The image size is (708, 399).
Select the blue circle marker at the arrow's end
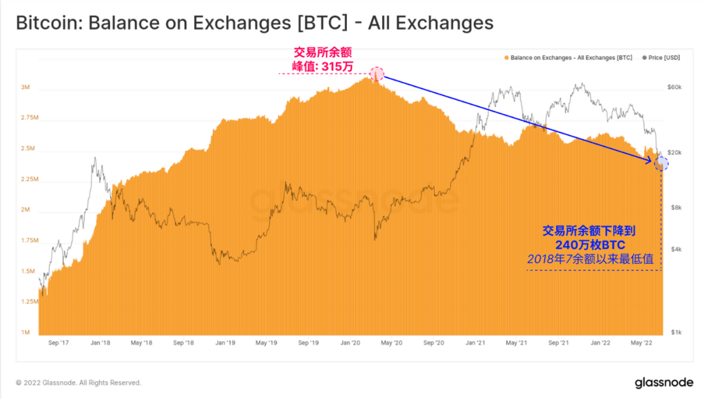661,164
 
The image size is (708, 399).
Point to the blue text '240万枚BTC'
590,245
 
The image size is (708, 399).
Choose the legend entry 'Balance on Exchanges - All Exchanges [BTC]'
568,58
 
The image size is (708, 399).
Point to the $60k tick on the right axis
674,87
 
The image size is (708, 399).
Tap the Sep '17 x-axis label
58,343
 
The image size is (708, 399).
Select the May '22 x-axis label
640,343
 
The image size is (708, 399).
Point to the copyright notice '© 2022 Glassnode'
79,383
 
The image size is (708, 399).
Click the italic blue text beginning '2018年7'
590,259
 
